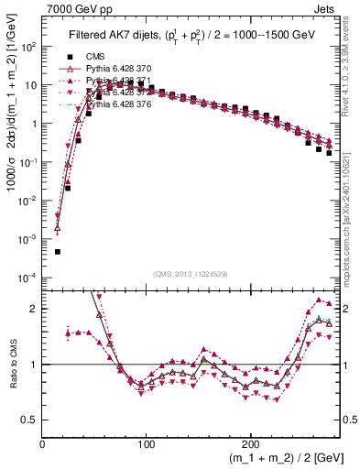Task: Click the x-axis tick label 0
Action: pyautogui.click(x=43, y=442)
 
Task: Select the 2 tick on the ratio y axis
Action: pyautogui.click(x=34, y=309)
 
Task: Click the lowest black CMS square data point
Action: pyautogui.click(x=57, y=251)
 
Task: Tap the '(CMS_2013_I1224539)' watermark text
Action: pyautogui.click(x=190, y=273)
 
